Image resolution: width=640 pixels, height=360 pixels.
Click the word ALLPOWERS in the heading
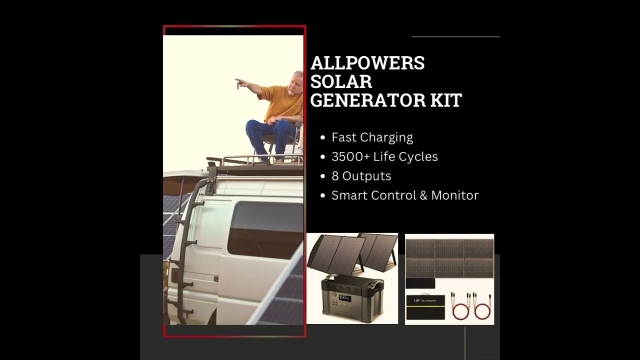[x=367, y=63]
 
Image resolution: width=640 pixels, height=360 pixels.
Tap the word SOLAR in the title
[x=341, y=81]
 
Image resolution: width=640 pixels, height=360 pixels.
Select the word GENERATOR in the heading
[x=368, y=100]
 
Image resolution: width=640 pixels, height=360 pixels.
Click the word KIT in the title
[x=446, y=100]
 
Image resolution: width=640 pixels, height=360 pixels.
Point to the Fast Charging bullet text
[x=372, y=137]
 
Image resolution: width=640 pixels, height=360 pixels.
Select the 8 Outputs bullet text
[x=361, y=176]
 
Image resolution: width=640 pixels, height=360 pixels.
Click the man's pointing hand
[x=239, y=81]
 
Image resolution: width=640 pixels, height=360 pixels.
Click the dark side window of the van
[x=265, y=230]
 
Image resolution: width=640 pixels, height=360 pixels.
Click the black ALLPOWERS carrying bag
[x=424, y=307]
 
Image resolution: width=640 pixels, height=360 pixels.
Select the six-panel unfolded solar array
[x=449, y=257]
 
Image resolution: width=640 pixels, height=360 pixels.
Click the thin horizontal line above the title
[x=455, y=36]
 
